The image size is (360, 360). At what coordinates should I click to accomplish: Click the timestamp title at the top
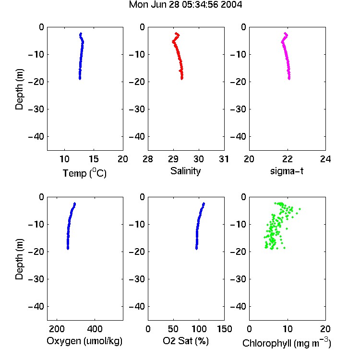[x=185, y=5]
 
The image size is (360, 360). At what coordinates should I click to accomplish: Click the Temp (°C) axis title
[x=84, y=173]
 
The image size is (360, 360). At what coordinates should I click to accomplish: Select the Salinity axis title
[x=185, y=171]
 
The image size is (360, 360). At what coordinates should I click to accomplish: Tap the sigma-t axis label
[x=287, y=171]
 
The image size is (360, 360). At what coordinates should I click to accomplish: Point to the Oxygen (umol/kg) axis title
[x=84, y=341]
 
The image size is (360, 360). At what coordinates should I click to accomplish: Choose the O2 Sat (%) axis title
[x=186, y=341]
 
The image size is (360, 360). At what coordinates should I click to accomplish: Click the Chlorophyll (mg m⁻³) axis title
[x=287, y=343]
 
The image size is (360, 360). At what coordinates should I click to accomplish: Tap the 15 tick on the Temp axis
[x=94, y=159]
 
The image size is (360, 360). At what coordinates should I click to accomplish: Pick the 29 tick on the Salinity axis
[x=173, y=159]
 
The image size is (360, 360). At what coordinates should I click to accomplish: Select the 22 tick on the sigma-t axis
[x=287, y=159]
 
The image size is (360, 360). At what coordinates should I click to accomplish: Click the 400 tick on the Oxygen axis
[x=95, y=329]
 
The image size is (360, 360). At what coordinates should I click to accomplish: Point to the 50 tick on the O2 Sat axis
[x=173, y=329]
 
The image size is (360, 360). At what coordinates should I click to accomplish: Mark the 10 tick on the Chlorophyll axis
[x=287, y=329]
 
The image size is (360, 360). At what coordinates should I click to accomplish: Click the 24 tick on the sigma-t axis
[x=325, y=159]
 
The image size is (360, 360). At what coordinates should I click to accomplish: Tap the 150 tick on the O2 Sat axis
[x=224, y=329]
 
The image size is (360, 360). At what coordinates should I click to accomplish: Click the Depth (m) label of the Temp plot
[x=19, y=89]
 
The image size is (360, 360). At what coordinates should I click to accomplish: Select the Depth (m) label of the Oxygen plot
[x=19, y=259]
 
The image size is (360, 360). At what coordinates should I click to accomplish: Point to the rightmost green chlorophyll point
[x=300, y=209]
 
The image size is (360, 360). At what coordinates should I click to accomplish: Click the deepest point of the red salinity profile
[x=182, y=79]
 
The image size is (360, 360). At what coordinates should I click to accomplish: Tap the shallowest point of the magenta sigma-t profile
[x=285, y=33]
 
